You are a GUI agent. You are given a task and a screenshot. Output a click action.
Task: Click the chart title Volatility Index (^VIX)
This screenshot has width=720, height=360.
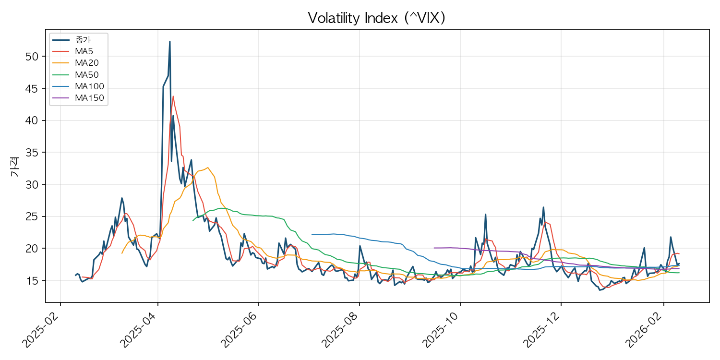pos(377,18)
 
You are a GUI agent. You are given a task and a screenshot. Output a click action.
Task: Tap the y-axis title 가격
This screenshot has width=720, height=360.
pos(14,166)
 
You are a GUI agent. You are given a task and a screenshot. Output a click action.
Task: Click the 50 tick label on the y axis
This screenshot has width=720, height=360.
pos(31,56)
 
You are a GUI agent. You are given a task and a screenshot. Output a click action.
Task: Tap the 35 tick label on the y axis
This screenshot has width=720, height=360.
pos(31,152)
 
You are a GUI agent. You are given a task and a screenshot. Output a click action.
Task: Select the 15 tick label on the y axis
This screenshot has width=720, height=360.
pos(31,280)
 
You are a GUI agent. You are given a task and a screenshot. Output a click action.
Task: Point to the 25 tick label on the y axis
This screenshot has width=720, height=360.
pos(31,216)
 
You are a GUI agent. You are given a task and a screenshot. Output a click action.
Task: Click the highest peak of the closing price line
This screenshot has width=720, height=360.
pos(169,42)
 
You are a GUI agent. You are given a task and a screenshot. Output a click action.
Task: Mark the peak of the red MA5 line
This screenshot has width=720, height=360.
pos(173,96)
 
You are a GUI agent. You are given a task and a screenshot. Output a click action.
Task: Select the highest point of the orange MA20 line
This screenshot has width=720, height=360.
pos(207,168)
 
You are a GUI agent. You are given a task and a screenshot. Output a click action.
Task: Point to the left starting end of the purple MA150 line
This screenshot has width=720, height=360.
pos(434,248)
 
